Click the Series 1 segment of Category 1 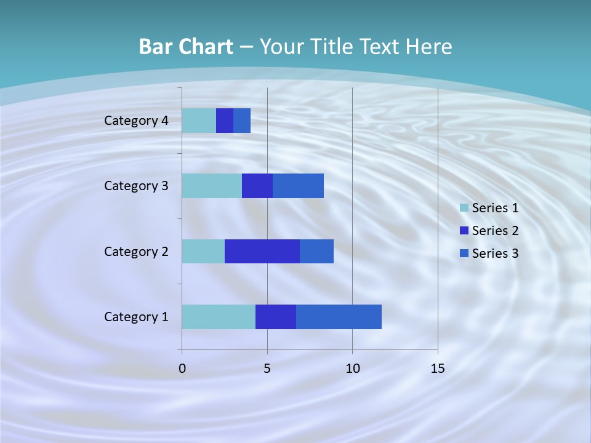tap(219, 317)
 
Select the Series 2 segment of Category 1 tap(276, 317)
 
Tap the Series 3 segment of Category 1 tap(339, 317)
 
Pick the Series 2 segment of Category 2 tap(262, 251)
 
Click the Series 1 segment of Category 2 tap(203, 251)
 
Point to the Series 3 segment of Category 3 tap(298, 186)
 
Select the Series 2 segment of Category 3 tap(257, 186)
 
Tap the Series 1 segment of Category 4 tap(199, 121)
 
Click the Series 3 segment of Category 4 tap(242, 121)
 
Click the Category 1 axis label tap(136, 317)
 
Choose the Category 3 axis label tap(136, 186)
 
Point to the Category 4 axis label tap(136, 121)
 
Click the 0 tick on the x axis tap(182, 369)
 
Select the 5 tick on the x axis tap(267, 369)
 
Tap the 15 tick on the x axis tap(437, 369)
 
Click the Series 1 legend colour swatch tap(464, 208)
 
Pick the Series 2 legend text tap(495, 231)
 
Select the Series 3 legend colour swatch tap(464, 253)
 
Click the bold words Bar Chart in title tap(186, 47)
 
